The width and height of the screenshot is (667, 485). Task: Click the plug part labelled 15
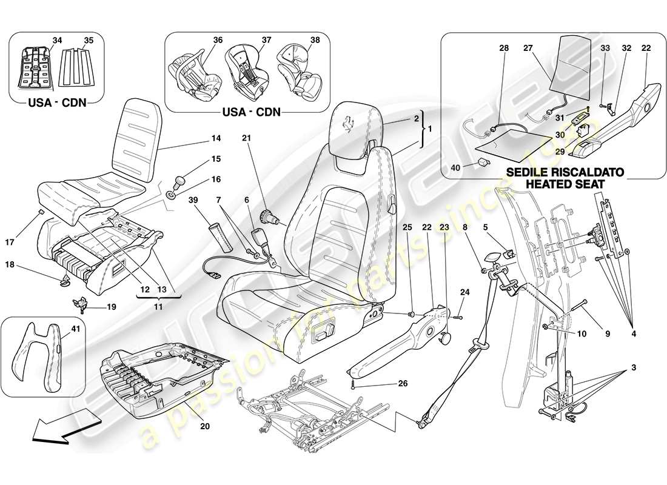click(180, 181)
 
